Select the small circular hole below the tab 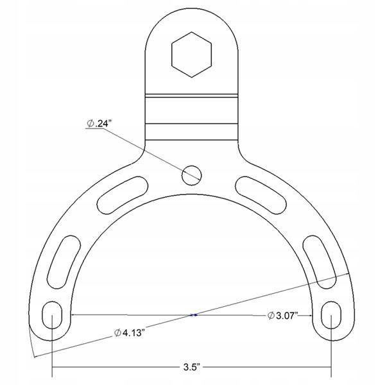191,172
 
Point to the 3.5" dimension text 191,368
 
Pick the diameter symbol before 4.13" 118,332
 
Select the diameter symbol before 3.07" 271,315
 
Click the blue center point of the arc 194,315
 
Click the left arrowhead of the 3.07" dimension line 73,315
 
